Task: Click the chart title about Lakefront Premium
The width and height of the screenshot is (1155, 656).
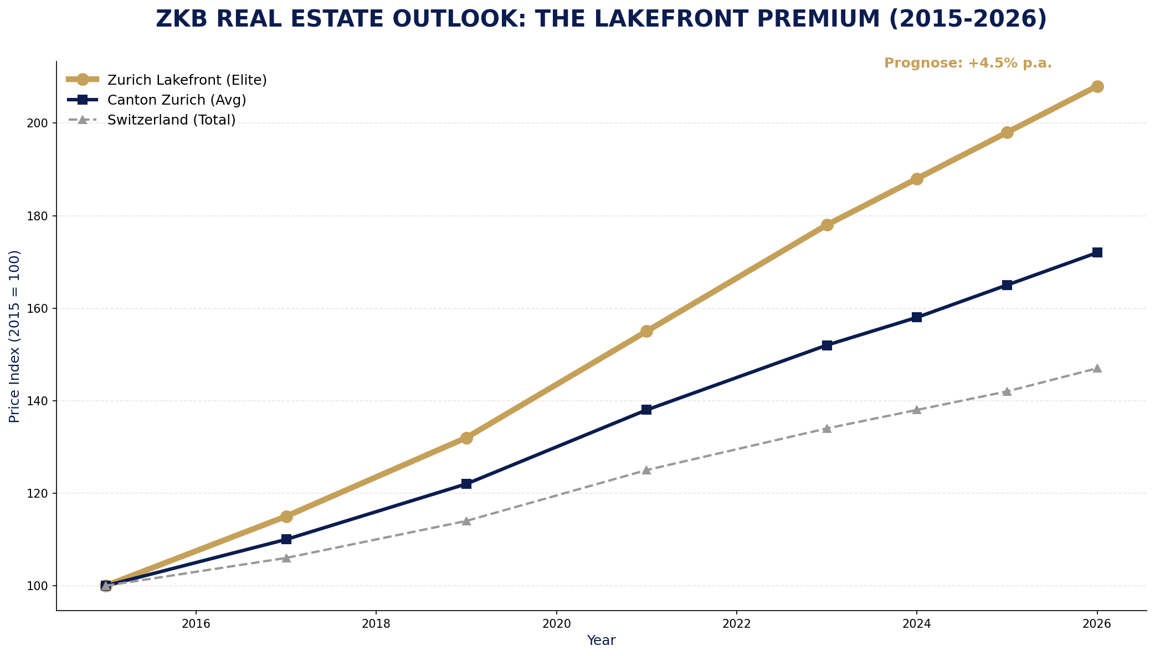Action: pos(601,19)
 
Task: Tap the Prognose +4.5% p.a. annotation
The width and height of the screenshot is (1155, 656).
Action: pos(967,64)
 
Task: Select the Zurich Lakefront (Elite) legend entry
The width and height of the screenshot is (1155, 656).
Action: pos(187,80)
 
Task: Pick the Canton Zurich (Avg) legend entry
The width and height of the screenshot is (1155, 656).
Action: pos(177,100)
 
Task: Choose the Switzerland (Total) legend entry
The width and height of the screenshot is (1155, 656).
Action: pos(171,120)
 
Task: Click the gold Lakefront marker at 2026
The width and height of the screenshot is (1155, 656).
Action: pos(1097,86)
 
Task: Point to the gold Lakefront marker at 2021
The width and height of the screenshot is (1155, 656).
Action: pos(646,331)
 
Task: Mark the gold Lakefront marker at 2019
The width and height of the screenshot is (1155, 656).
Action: pos(466,438)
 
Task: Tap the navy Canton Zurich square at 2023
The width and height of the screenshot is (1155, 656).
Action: pos(827,345)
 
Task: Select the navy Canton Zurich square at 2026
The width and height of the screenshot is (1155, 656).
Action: pos(1097,252)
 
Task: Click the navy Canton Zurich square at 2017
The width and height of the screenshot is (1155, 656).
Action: pos(286,539)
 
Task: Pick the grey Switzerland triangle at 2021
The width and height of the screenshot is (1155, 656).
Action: pos(646,470)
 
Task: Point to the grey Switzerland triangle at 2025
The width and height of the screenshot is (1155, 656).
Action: pos(1007,391)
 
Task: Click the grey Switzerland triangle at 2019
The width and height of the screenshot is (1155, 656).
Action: pos(466,521)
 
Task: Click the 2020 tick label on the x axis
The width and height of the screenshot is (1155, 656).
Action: pos(556,624)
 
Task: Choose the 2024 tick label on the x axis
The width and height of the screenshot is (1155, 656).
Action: pos(916,624)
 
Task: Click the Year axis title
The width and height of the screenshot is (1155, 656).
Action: pos(601,641)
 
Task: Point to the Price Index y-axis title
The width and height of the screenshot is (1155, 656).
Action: pos(15,336)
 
